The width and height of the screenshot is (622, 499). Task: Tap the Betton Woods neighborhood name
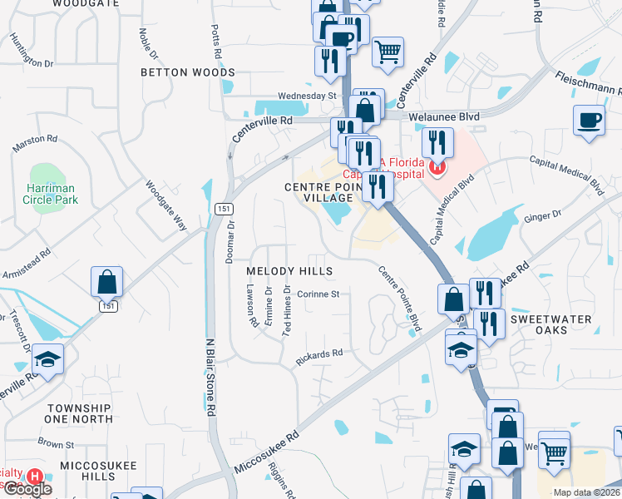tap(188, 72)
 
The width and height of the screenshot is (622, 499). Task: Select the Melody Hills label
tap(289, 271)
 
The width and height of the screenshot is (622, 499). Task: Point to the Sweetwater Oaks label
tap(550, 324)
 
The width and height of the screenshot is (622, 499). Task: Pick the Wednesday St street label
tap(306, 96)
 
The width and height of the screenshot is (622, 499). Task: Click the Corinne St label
tap(318, 294)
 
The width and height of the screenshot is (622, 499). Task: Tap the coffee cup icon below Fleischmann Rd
tap(589, 120)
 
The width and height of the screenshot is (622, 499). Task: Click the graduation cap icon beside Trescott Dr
tap(47, 359)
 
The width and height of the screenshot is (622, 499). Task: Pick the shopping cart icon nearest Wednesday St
tap(388, 52)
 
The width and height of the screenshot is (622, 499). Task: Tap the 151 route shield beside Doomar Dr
tap(220, 208)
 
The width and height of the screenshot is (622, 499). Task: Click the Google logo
tap(27, 489)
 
